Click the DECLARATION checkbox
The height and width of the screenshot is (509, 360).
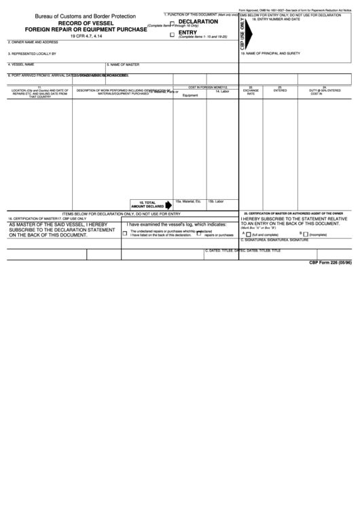[172, 24]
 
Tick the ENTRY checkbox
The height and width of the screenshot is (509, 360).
[172, 33]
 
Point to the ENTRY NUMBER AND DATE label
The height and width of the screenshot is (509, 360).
[276, 20]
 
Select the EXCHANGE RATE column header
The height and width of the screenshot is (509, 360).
[251, 92]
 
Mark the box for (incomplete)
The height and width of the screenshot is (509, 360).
[305, 234]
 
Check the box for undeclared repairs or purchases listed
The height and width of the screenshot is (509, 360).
[125, 233]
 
